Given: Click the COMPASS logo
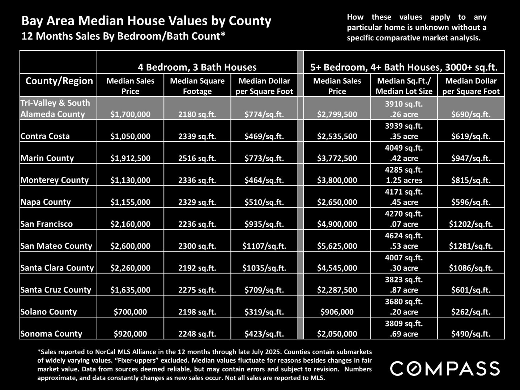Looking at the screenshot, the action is pos(445,368).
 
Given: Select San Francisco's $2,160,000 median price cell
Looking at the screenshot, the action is pos(130,224).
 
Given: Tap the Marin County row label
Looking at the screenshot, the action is pos(47,158).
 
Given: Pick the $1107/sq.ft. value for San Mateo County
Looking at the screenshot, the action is pos(264,246).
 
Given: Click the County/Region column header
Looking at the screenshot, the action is pos(59,81).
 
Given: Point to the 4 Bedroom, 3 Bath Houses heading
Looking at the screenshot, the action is pos(197,67).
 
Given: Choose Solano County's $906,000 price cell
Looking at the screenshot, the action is pos(337,312).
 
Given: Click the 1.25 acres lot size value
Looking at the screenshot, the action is pos(404,180).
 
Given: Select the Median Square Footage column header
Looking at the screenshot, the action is pos(197,86).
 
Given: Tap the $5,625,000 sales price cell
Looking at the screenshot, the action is pos(337,246).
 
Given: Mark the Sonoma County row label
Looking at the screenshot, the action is pos(51,334).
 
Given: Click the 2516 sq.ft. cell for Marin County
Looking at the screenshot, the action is pos(197,158).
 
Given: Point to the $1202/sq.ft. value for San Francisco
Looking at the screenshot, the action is pos(471,224).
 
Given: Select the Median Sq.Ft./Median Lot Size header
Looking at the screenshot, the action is pos(404,86).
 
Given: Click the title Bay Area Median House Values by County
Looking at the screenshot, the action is pos(146,21).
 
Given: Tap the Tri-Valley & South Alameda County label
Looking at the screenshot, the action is pos(55,108).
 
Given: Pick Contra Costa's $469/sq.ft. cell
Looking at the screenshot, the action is pos(264,136).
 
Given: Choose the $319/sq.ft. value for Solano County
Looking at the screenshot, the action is pos(264,312).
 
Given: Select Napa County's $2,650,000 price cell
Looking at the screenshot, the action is pos(337,202).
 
